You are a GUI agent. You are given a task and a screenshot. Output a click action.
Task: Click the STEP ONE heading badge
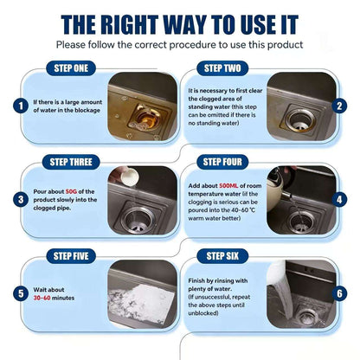pyautogui.click(x=71, y=68)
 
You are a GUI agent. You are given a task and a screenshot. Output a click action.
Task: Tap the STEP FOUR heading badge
pyautogui.click(x=222, y=162)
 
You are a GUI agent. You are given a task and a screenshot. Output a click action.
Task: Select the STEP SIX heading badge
pyautogui.click(x=222, y=256)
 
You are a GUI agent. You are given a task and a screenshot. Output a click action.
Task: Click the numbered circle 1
pyautogui.click(x=21, y=106)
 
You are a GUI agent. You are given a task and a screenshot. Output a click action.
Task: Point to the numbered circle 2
pyautogui.click(x=339, y=106)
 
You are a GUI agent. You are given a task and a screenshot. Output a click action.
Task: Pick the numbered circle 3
pyautogui.click(x=21, y=200)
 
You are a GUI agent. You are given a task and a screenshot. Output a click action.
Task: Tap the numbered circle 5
pyautogui.click(x=21, y=293)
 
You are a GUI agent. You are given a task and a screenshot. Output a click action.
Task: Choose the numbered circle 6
pyautogui.click(x=339, y=293)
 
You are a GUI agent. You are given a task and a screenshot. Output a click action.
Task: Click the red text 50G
pyautogui.click(x=71, y=191)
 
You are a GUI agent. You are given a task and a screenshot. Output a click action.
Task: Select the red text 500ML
pyautogui.click(x=228, y=186)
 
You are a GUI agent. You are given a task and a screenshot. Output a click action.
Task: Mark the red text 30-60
pyautogui.click(x=42, y=298)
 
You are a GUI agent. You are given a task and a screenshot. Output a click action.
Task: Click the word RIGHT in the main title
pyautogui.click(x=130, y=25)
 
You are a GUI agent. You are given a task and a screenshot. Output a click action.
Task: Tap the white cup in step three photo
pyautogui.click(x=128, y=176)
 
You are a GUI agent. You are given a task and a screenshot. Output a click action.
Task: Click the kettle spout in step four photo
pyautogui.click(x=286, y=196)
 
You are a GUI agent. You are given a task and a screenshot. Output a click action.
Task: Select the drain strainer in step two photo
pyautogui.click(x=300, y=120)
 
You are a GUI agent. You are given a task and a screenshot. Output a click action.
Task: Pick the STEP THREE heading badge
pyautogui.click(x=71, y=162)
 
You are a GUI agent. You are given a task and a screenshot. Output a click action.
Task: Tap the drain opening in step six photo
pyautogui.click(x=308, y=318)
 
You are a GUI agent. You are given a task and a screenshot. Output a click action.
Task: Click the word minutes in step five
pyautogui.click(x=63, y=298)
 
